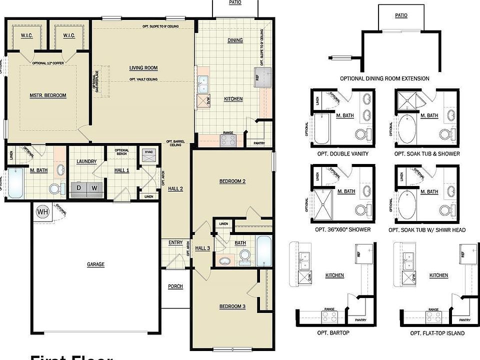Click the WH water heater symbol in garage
43,212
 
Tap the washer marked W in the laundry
94,187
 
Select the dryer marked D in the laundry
78,187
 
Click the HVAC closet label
148,151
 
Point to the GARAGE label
95,264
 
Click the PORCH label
175,286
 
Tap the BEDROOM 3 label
232,306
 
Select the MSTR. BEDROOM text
48,95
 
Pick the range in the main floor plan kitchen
228,140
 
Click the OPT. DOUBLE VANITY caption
343,153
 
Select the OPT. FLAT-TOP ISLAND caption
437,333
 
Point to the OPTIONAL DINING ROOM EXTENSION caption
384,78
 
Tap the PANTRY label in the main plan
258,143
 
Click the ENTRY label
175,242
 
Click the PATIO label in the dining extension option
401,15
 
